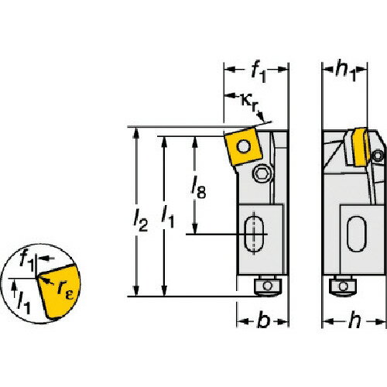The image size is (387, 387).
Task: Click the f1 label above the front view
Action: pyautogui.click(x=259, y=73)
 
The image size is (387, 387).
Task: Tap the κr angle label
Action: pyautogui.click(x=250, y=102)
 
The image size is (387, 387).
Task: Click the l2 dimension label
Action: pyautogui.click(x=141, y=220)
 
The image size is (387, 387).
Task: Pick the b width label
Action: pyautogui.click(x=264, y=320)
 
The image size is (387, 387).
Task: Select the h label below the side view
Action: pyautogui.click(x=354, y=320)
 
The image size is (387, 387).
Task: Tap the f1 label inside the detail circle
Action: pyautogui.click(x=27, y=261)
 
